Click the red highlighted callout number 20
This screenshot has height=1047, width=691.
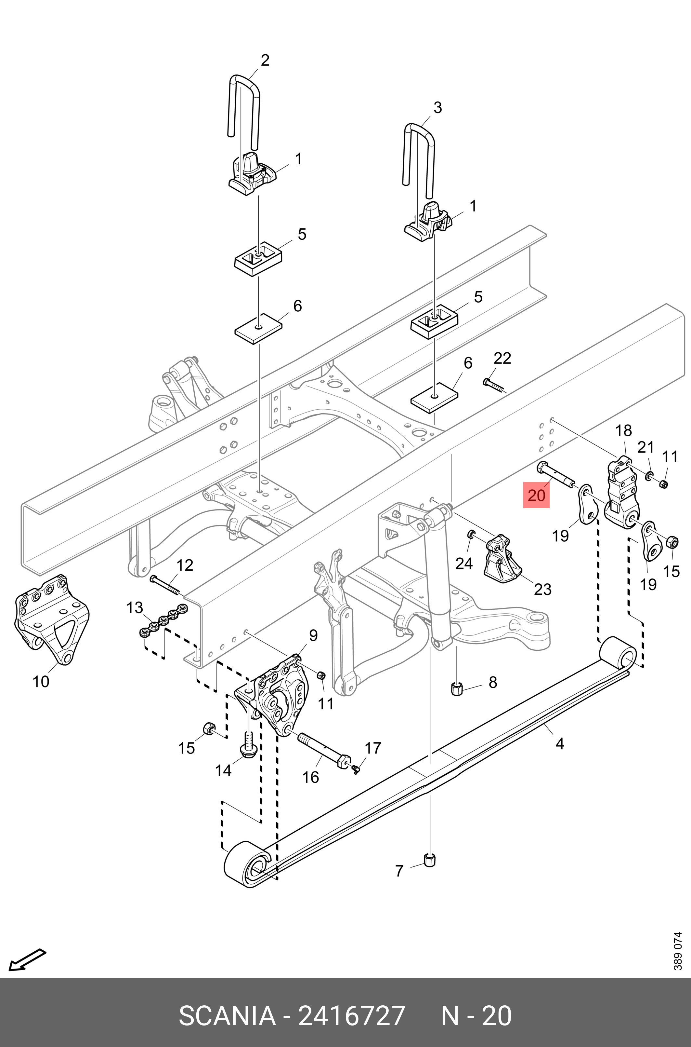(x=536, y=495)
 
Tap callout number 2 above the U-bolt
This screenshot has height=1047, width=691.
(x=265, y=61)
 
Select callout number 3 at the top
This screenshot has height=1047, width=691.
(x=437, y=108)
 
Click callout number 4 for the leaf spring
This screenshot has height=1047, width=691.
(x=560, y=744)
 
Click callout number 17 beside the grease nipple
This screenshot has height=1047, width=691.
(x=373, y=748)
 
